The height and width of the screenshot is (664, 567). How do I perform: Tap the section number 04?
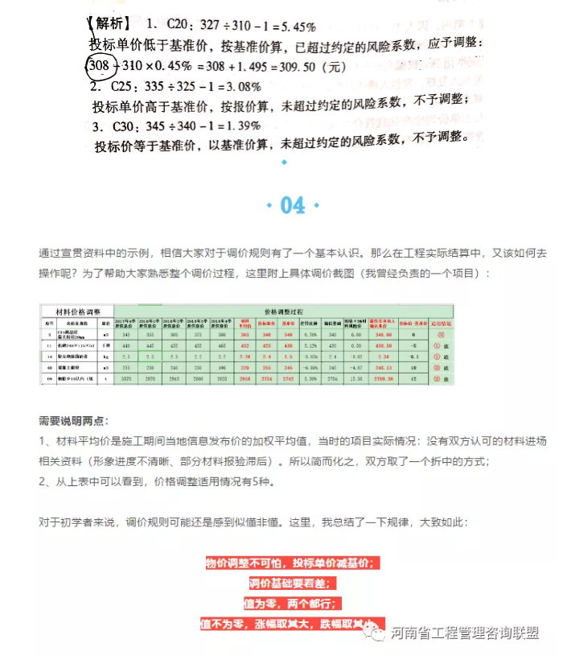click(x=293, y=205)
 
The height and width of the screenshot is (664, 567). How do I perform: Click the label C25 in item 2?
click(x=124, y=85)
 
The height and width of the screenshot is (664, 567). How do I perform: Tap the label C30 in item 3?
click(x=127, y=126)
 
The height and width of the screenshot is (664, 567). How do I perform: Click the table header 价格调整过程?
click(x=283, y=310)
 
